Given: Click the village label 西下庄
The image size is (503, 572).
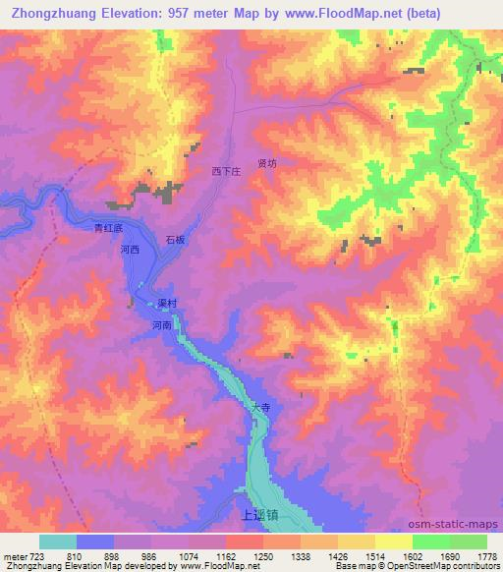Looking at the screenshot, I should [226, 171].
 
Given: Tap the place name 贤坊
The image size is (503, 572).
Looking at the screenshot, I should [267, 163].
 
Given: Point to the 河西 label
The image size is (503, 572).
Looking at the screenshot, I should [130, 251].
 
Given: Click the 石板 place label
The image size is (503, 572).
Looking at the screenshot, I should [176, 239].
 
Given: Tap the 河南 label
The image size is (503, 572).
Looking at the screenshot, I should [163, 324].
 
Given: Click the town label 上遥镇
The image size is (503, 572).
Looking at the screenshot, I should [231, 513].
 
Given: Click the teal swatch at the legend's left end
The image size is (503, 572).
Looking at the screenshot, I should [58, 542].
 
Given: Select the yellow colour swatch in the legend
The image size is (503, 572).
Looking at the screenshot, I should [393, 542].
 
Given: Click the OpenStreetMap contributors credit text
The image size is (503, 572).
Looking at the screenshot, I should [449, 566].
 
